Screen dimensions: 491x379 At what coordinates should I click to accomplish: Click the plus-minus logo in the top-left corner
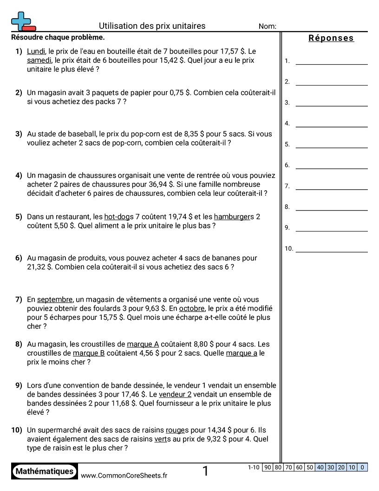pyautogui.click(x=22, y=21)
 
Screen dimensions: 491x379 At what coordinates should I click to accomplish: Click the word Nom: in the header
pyautogui.click(x=267, y=27)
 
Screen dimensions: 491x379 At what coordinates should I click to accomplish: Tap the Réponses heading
pyautogui.click(x=331, y=38)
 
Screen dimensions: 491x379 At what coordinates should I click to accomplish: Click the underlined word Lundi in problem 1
pyautogui.click(x=36, y=51)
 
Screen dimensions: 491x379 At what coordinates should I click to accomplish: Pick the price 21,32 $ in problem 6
pyautogui.click(x=40, y=267)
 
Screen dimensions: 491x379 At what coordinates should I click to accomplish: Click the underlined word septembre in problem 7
pyautogui.click(x=55, y=299)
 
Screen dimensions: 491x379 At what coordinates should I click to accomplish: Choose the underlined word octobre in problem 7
pyautogui.click(x=191, y=309)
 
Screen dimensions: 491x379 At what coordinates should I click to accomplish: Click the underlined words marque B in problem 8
pyautogui.click(x=89, y=353)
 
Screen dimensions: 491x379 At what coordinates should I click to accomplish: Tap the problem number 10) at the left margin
pyautogui.click(x=17, y=430)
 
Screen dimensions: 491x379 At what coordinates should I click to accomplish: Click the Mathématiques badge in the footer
pyautogui.click(x=45, y=471)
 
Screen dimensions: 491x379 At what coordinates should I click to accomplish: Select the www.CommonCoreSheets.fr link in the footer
pyautogui.click(x=124, y=476)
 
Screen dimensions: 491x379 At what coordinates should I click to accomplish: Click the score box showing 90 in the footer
pyautogui.click(x=267, y=467)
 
